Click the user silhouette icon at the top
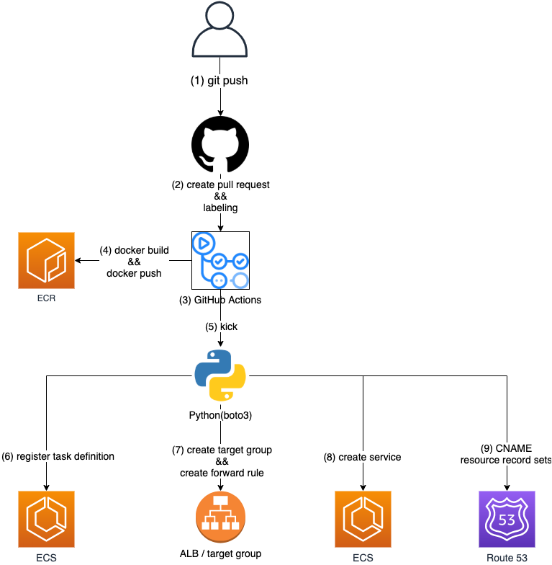point(220,30)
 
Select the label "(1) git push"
point(219,81)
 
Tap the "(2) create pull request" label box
point(220,196)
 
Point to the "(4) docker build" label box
point(134,262)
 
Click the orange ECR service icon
point(46,260)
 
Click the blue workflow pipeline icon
point(220,260)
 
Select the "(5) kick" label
point(221,326)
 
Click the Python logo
point(220,375)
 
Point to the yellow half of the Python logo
point(230,386)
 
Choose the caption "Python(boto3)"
point(220,415)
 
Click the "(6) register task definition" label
point(58,456)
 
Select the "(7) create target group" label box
point(222,461)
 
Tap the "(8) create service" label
point(362,457)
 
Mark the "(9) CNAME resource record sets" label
point(506,454)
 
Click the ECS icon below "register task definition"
point(46,519)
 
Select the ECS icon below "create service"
point(363,519)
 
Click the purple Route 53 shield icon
point(507,519)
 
